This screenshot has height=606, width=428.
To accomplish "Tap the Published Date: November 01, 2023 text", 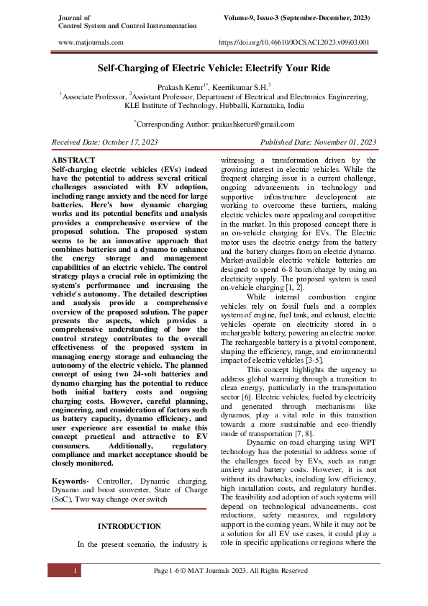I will click(x=318, y=143).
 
